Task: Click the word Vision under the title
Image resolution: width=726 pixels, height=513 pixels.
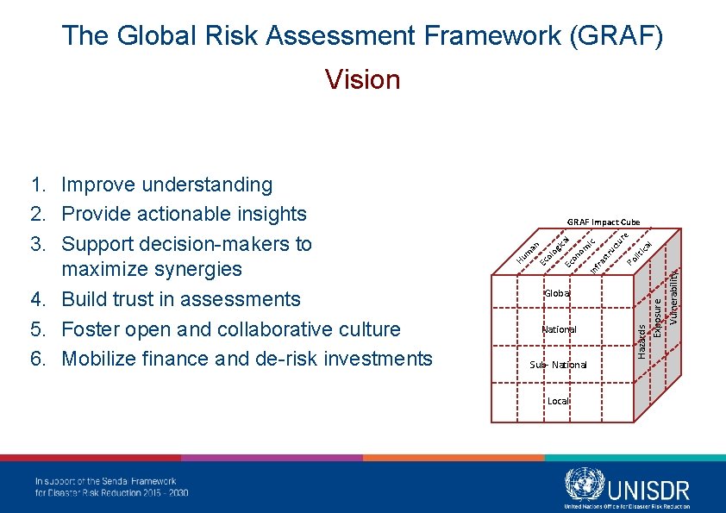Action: (x=363, y=80)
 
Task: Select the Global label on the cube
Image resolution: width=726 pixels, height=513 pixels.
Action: (x=557, y=293)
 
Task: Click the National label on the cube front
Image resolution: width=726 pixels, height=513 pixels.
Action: (x=559, y=329)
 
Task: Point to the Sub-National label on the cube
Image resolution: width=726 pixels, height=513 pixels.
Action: (x=558, y=365)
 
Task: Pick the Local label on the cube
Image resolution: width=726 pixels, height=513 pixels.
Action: (x=558, y=401)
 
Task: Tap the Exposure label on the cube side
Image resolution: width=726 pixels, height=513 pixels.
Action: (x=658, y=318)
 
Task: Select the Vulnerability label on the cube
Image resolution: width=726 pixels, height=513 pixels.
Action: (x=674, y=293)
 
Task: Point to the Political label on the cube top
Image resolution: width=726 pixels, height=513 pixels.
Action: (x=639, y=251)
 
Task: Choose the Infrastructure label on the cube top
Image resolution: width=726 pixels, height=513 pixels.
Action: (x=609, y=251)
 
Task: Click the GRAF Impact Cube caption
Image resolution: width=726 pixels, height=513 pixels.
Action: (x=603, y=222)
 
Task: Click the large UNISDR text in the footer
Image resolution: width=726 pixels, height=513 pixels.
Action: (x=648, y=490)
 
